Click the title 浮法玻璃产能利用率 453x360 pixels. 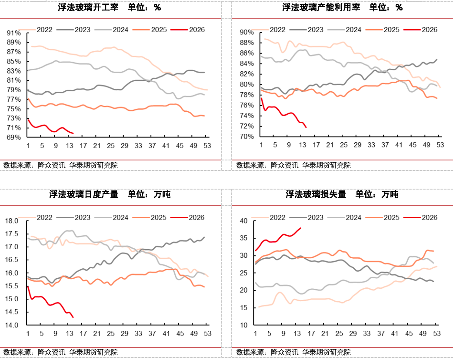pos(321,8)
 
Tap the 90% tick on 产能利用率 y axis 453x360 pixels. pos(246,33)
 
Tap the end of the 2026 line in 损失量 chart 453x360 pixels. pos(301,228)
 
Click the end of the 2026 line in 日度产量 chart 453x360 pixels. pos(73,317)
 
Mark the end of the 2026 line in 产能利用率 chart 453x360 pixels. pos(306,127)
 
